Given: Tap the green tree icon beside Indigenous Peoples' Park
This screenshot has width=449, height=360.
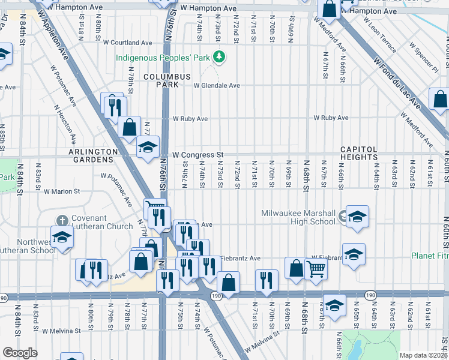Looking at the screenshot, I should (220, 56).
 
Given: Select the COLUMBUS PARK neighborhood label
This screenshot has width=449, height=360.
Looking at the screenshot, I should (167, 81).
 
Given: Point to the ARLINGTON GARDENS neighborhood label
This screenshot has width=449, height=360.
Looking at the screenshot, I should (91, 156).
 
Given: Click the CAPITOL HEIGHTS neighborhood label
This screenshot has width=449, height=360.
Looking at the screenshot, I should (359, 154).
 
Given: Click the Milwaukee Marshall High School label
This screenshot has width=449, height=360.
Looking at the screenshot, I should (298, 217).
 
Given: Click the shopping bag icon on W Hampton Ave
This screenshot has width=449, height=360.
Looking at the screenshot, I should (329, 8).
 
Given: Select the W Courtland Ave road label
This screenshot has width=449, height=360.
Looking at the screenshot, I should (128, 43).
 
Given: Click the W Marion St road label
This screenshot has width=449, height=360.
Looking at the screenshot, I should (62, 192).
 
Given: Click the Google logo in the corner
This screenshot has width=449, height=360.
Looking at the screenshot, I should (20, 353).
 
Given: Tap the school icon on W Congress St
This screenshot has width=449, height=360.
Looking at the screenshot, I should (147, 147).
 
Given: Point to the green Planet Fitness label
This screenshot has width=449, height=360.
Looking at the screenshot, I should (430, 256).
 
